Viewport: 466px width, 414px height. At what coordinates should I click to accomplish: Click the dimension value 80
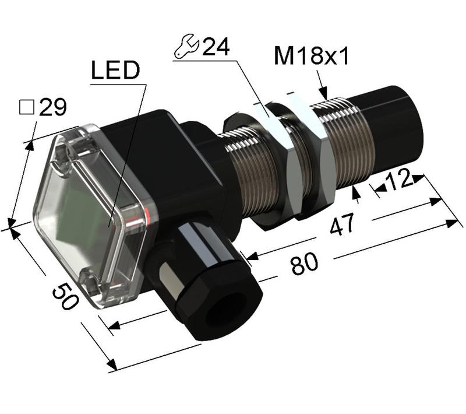coord(305,265)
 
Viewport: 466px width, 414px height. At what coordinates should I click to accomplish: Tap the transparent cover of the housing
coord(87,210)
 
